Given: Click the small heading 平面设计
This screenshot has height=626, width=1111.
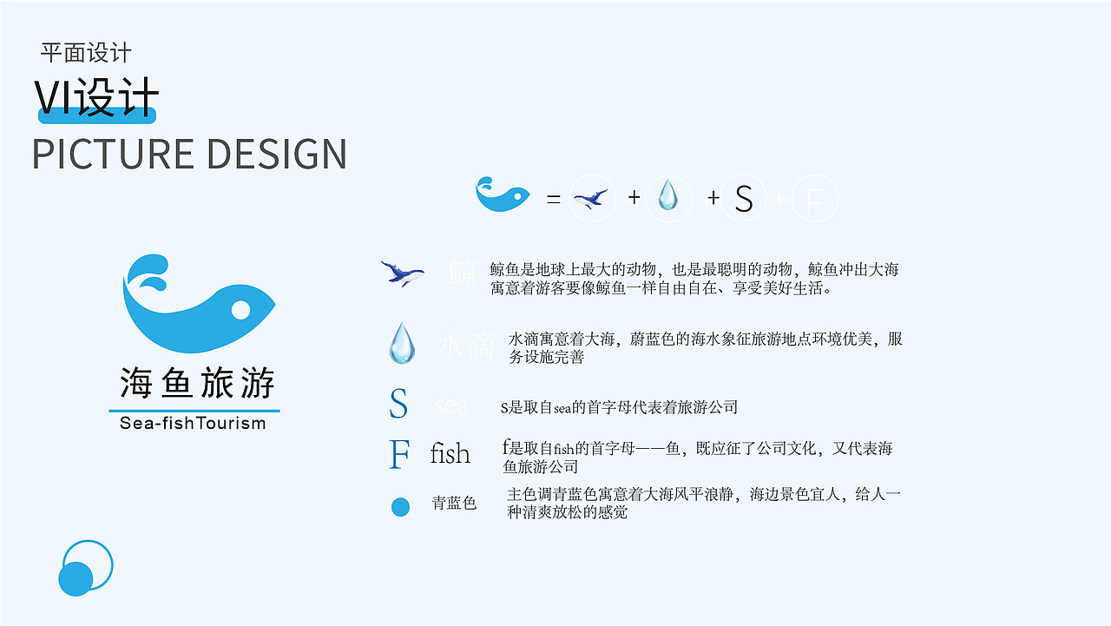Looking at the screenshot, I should point(86,53).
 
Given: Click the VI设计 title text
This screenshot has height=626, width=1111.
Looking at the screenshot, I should point(96,97).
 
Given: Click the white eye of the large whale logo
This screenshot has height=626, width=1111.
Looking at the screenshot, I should point(240,310).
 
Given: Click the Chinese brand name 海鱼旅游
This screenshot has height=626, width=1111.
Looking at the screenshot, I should point(197,383).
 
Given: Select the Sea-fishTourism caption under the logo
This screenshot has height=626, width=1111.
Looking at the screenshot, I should point(193,424).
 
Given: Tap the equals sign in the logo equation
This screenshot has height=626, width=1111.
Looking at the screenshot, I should point(553,199).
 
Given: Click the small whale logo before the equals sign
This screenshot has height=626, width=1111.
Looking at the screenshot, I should point(503,194).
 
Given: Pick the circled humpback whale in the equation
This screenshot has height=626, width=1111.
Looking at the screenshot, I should point(592,199).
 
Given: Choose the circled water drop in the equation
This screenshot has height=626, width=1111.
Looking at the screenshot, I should point(667,196).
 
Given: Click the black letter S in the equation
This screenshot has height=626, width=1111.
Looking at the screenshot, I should point(743,200).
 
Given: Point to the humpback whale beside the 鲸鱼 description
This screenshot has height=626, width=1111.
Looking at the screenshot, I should point(402,273).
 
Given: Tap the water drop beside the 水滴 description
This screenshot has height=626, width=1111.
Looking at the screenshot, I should point(401,343).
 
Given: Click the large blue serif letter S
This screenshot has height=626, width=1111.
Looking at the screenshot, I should point(398,404).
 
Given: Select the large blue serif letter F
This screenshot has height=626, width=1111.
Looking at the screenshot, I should point(398,454).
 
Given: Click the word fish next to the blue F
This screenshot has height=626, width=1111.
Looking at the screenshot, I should point(450,453).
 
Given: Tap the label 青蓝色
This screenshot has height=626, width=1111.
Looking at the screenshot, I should point(454,504).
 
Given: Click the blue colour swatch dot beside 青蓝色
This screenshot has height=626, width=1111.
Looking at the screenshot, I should point(400,507).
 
